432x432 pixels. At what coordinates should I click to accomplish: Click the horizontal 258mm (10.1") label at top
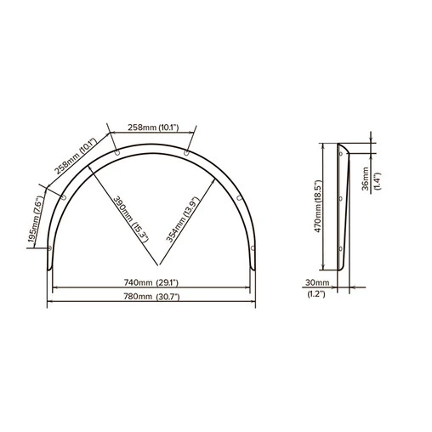(153, 128)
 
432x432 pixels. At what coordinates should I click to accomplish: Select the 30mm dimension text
(316, 282)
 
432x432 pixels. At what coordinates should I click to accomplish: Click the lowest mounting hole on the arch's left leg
(50, 249)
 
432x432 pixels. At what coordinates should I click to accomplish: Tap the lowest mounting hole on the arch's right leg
(253, 246)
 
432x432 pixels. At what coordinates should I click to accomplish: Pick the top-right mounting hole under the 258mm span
(188, 153)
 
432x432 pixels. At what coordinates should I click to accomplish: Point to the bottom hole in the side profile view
(341, 248)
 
